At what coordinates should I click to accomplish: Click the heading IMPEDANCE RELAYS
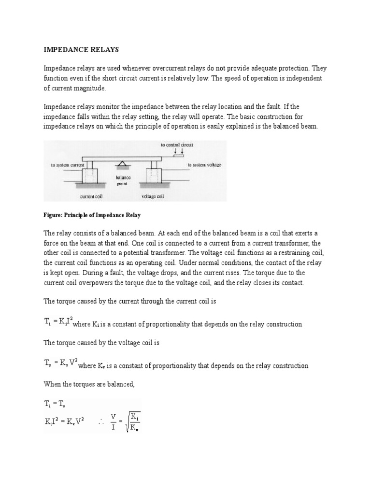[75, 49]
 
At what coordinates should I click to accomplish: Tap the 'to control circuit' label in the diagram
[177, 145]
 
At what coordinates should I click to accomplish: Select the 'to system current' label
[67, 165]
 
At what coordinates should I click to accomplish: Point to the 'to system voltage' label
[204, 165]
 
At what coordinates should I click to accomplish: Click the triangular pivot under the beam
[121, 165]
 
